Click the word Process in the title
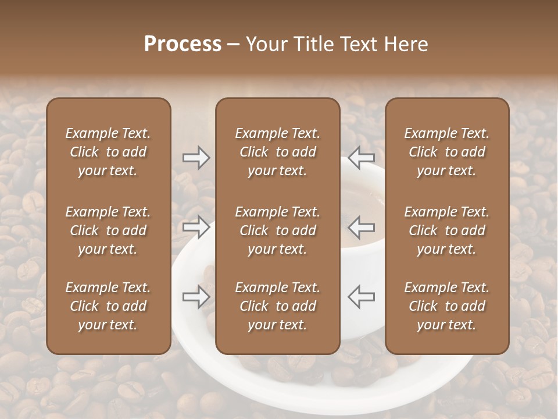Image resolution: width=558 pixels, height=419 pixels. pyautogui.click(x=183, y=44)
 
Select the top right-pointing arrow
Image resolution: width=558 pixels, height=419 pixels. pyautogui.click(x=196, y=158)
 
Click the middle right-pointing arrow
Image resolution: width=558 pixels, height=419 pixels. pyautogui.click(x=196, y=226)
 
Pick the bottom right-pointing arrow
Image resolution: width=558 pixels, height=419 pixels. pyautogui.click(x=196, y=297)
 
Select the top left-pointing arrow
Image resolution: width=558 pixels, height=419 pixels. pyautogui.click(x=362, y=158)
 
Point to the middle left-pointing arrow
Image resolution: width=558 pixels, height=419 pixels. pyautogui.click(x=362, y=226)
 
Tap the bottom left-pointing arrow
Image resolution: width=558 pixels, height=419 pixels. pyautogui.click(x=362, y=297)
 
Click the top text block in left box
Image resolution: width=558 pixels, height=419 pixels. pyautogui.click(x=108, y=152)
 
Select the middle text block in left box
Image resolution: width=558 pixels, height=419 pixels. pyautogui.click(x=108, y=230)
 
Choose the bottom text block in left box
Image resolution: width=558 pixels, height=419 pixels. pyautogui.click(x=108, y=306)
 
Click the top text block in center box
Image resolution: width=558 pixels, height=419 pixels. pyautogui.click(x=278, y=152)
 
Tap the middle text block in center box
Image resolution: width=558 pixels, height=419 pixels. pyautogui.click(x=278, y=230)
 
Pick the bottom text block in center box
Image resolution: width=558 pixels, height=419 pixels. pyautogui.click(x=278, y=306)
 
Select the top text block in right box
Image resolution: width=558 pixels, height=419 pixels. pyautogui.click(x=447, y=152)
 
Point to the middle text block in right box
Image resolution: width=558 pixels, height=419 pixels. pyautogui.click(x=447, y=230)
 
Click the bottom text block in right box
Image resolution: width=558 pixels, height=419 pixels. pyautogui.click(x=447, y=306)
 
